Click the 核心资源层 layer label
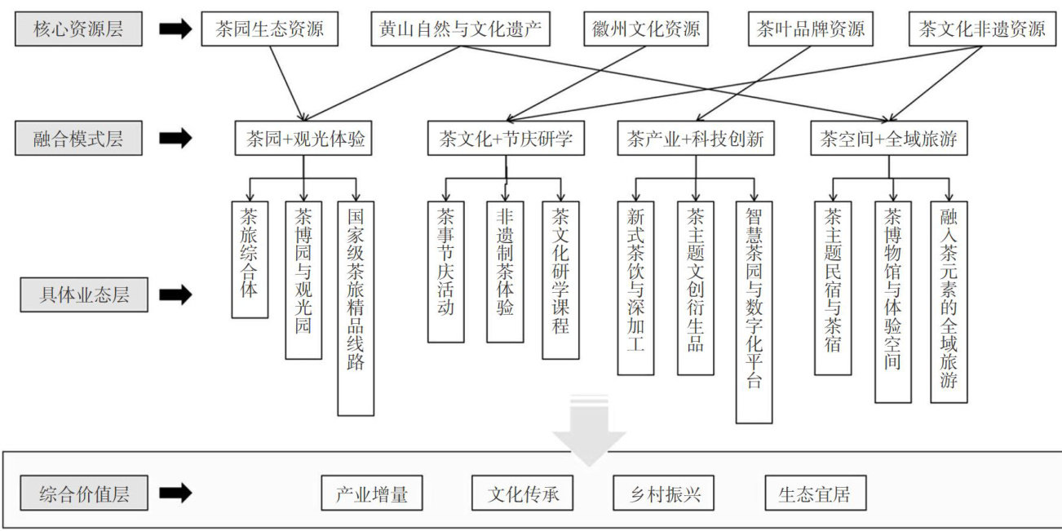point(78,30)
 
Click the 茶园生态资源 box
point(270,30)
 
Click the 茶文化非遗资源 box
point(982,30)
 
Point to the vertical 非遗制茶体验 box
point(505,272)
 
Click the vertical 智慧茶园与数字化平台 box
point(754,312)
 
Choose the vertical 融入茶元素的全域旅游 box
point(949,302)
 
